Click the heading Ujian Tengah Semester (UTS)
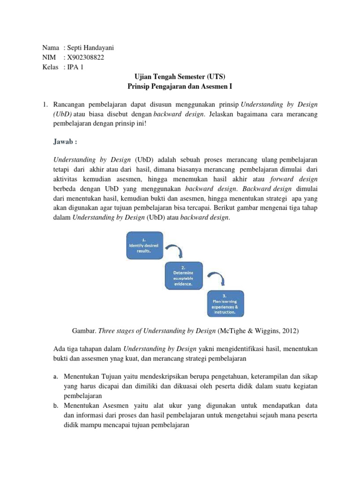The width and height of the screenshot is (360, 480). [x=180, y=77]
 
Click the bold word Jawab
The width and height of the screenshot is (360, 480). [x=67, y=141]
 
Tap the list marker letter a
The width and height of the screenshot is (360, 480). [x=54, y=376]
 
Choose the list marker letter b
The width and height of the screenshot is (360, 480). [x=54, y=405]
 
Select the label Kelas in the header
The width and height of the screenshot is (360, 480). [x=51, y=67]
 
